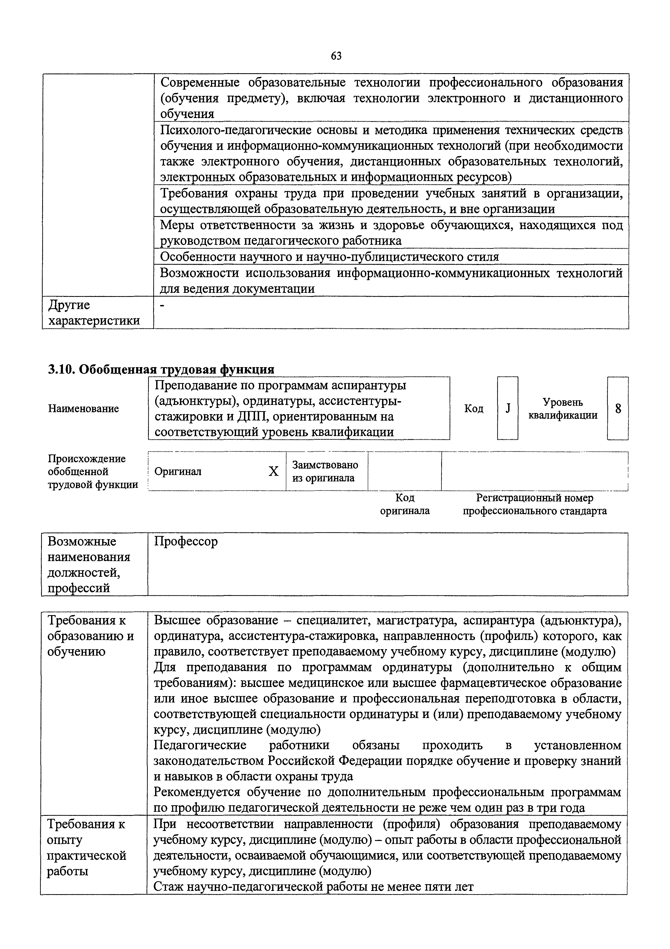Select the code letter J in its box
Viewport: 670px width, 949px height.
(508, 408)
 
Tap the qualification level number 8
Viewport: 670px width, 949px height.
(618, 408)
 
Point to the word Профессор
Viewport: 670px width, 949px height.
(186, 541)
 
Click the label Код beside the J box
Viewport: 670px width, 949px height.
(474, 408)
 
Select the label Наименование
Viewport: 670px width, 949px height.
(83, 408)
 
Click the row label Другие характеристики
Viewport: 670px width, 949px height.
(94, 313)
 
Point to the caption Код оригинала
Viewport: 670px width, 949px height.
(405, 504)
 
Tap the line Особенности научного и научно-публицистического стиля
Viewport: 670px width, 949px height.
(329, 257)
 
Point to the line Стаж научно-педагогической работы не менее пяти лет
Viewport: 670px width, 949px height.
(313, 887)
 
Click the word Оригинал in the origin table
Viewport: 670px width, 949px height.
(178, 472)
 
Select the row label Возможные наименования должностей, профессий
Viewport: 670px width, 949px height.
(89, 565)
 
